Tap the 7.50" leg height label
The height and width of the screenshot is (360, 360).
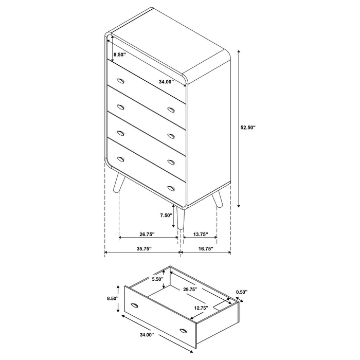(166, 215)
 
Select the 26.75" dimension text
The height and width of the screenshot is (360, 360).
(147, 235)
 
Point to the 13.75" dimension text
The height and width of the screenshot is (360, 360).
(200, 235)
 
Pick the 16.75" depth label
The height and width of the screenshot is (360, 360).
(205, 249)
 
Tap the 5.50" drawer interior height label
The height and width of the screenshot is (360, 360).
(157, 279)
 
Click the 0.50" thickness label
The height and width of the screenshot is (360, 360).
(242, 292)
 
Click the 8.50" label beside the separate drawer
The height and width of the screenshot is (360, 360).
(112, 298)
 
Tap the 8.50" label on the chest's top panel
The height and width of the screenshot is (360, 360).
(120, 54)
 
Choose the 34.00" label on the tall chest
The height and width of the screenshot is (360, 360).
(166, 81)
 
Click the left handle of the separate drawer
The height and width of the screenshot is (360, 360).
(135, 306)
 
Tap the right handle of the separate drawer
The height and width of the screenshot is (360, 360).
(183, 329)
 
